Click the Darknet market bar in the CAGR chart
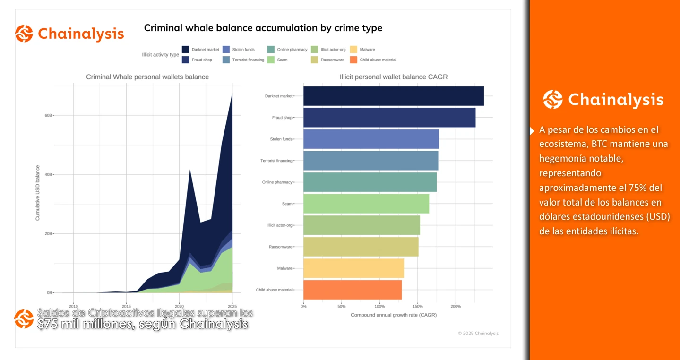(393, 96)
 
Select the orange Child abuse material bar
(352, 290)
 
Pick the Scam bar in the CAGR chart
(366, 204)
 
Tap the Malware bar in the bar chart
(353, 268)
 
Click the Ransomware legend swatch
(315, 60)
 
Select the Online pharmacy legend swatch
(271, 50)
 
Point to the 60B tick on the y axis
(49, 115)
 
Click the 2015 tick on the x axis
(126, 305)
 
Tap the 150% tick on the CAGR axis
(417, 306)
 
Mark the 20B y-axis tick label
(49, 234)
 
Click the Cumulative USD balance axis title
(38, 193)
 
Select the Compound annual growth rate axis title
(393, 315)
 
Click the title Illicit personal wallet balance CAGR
(393, 77)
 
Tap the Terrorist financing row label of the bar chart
(276, 161)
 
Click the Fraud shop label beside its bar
(282, 118)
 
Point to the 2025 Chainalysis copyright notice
(478, 333)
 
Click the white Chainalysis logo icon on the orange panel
(552, 100)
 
